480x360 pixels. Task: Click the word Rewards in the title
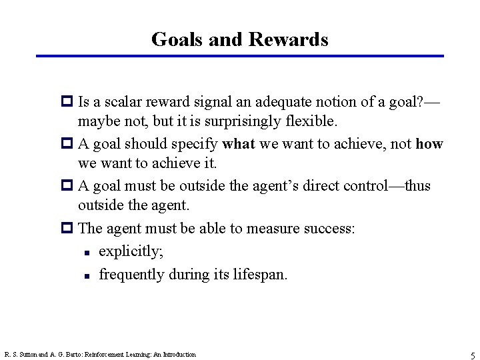288,39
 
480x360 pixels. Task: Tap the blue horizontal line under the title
240,56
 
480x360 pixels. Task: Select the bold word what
239,144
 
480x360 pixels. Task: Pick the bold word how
429,144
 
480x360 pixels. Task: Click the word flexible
313,122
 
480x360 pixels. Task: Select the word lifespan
259,274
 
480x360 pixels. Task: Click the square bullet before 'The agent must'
68,229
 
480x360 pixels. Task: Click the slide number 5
472,355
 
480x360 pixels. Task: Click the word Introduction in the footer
179,355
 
